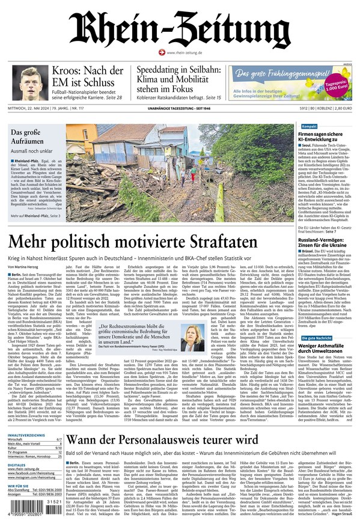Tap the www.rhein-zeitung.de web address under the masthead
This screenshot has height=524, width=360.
[182, 53]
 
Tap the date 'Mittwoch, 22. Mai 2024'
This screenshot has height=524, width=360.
[31, 109]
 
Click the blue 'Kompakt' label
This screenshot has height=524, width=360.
[310, 127]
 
